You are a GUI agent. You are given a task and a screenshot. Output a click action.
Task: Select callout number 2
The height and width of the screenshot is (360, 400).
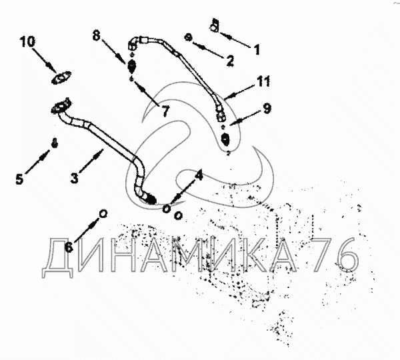(x=230, y=61)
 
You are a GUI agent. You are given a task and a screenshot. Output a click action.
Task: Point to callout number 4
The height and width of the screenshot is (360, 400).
(x=198, y=175)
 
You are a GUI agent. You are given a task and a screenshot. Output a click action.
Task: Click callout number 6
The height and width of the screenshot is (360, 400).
(x=69, y=246)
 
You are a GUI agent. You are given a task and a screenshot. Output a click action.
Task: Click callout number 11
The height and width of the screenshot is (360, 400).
(x=263, y=83)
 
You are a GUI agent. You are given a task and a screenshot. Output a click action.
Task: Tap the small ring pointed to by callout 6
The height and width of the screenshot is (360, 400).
(x=103, y=213)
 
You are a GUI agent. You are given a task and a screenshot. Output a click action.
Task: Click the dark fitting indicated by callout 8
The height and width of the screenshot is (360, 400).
(x=131, y=67)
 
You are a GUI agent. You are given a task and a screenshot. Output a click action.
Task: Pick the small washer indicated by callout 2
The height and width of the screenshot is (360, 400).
(x=189, y=37)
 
